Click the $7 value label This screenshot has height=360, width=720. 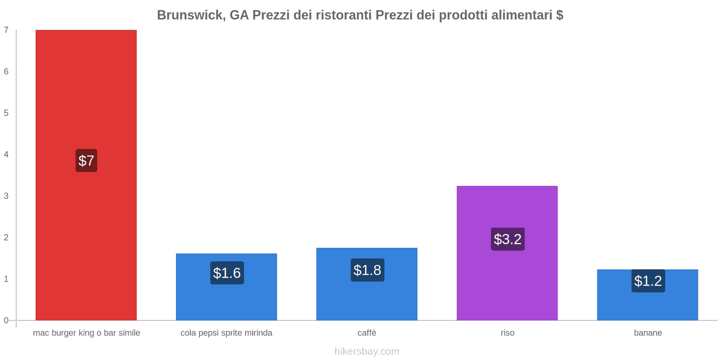(x=86, y=161)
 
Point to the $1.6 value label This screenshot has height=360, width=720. (x=227, y=273)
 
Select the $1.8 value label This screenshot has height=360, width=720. (x=367, y=270)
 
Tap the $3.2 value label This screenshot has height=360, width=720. (x=508, y=239)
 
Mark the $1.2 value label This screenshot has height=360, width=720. (x=648, y=281)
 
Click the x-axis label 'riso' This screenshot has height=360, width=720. (x=507, y=333)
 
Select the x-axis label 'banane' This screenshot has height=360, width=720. (x=648, y=333)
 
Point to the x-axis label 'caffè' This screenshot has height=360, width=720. (x=367, y=333)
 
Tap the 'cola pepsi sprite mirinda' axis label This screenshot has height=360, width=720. (x=226, y=333)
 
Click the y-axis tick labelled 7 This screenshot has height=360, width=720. (x=6, y=30)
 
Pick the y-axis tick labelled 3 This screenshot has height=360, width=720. (x=6, y=196)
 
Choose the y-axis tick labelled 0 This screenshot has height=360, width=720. (x=6, y=320)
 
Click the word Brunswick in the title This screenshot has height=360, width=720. (x=191, y=15)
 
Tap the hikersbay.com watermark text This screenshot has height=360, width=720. (x=367, y=351)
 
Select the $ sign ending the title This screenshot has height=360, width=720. (x=559, y=15)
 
